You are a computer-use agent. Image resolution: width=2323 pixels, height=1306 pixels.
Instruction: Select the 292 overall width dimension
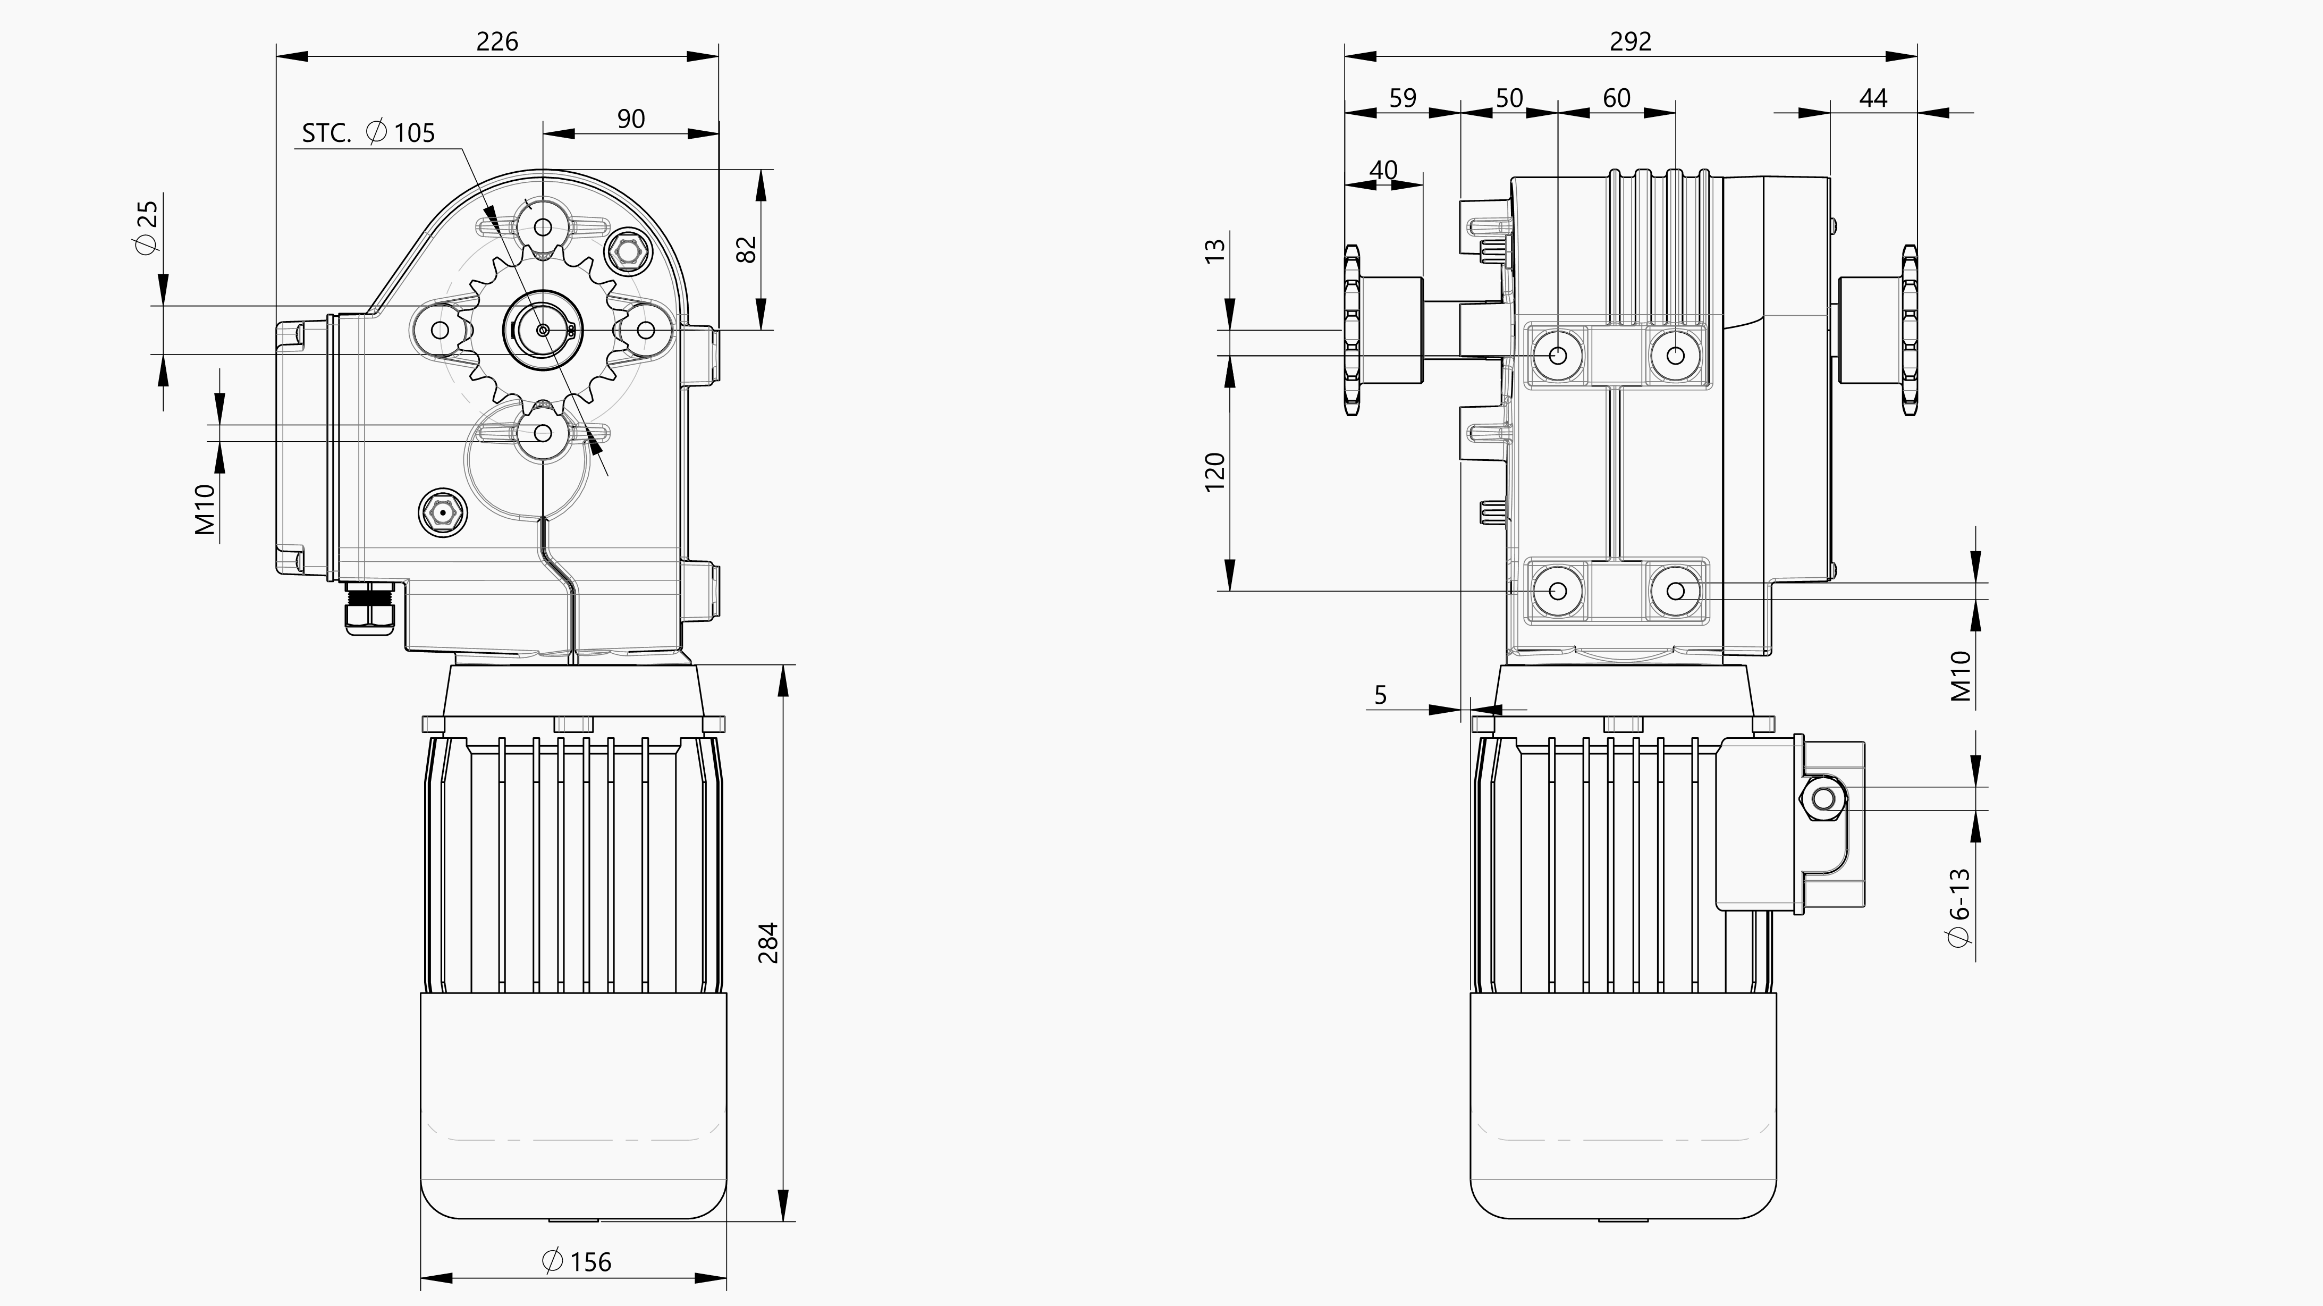click(1631, 41)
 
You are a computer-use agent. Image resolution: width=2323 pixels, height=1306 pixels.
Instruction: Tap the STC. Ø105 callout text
click(368, 133)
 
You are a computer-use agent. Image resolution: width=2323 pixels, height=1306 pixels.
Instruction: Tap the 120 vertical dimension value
click(1215, 471)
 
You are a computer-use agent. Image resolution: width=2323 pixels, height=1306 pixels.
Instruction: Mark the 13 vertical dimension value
click(1215, 251)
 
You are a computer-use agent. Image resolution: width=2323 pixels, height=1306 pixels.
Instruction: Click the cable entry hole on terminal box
click(1823, 799)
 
